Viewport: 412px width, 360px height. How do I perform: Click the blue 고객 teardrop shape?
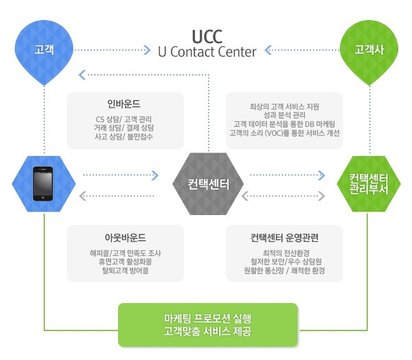(44, 52)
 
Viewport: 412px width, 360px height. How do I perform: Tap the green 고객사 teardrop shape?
(369, 52)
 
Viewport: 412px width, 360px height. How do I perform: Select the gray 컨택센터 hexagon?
(208, 184)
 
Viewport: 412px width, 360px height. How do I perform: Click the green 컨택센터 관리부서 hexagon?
(369, 184)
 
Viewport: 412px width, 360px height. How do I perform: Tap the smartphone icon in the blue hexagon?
(43, 183)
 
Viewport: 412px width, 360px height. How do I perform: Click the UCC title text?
(207, 36)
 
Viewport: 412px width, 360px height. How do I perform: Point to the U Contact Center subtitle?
(207, 52)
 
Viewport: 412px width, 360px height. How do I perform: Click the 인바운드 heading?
(124, 104)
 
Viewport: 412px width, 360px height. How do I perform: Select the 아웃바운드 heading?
(125, 238)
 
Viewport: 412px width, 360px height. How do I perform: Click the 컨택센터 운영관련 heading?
(284, 238)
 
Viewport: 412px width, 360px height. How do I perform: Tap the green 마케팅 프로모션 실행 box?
(208, 325)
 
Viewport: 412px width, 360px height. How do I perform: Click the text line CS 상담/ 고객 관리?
(124, 120)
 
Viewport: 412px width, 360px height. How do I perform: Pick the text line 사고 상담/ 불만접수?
(124, 137)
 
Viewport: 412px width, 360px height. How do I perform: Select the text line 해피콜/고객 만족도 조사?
(126, 253)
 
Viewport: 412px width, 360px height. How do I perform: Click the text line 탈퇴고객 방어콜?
(126, 270)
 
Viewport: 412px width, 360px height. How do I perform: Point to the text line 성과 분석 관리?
(284, 115)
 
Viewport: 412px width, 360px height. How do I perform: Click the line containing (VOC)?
(284, 133)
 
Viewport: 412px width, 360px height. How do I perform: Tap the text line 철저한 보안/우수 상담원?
(286, 261)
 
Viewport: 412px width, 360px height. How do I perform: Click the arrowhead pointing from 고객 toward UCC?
(147, 50)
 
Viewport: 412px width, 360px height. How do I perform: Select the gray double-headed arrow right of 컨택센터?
(283, 196)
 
